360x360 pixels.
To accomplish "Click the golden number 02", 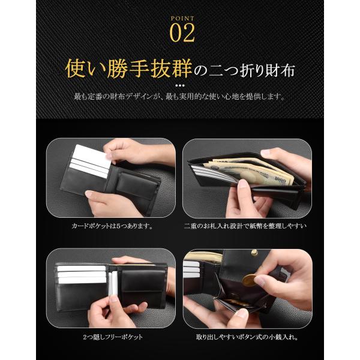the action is pyautogui.click(x=182, y=34).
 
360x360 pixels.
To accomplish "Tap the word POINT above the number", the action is pyautogui.click(x=182, y=19).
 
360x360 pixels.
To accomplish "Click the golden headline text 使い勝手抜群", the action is pyautogui.click(x=128, y=68).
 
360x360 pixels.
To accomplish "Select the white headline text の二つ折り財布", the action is pyautogui.click(x=244, y=70).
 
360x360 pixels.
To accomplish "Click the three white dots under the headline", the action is pyautogui.click(x=180, y=85).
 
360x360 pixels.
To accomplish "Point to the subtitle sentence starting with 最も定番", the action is pyautogui.click(x=180, y=96).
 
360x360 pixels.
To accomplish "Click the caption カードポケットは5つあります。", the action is pyautogui.click(x=112, y=226).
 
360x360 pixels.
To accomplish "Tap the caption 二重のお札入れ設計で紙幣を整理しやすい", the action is pyautogui.click(x=245, y=226).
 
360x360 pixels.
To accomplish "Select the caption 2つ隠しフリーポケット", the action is pyautogui.click(x=113, y=337).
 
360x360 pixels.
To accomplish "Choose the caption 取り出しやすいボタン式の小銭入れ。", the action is pyautogui.click(x=247, y=337).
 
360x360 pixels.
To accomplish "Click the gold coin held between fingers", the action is pyautogui.click(x=250, y=280).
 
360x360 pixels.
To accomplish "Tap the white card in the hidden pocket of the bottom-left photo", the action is pyautogui.click(x=113, y=283).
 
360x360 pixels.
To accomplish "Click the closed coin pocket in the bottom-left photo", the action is pyautogui.click(x=143, y=288).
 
